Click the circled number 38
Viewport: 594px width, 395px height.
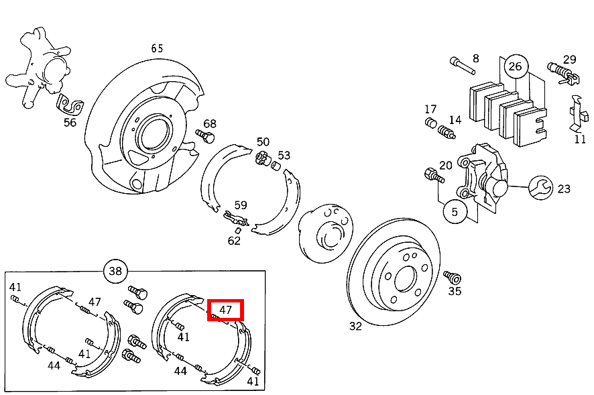click(116, 271)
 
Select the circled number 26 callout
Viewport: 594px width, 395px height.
click(516, 66)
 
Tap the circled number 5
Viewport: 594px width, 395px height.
click(455, 211)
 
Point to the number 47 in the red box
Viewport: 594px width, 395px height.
click(225, 310)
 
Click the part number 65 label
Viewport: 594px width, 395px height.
click(157, 48)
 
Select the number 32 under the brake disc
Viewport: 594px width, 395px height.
click(355, 326)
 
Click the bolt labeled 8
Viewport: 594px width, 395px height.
click(458, 65)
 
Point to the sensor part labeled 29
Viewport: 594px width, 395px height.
click(560, 70)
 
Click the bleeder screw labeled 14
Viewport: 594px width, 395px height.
click(447, 131)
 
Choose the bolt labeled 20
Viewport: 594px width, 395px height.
click(434, 176)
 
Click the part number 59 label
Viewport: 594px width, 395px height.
click(241, 205)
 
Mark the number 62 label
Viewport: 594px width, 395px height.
click(234, 240)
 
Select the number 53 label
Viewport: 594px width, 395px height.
click(284, 156)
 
